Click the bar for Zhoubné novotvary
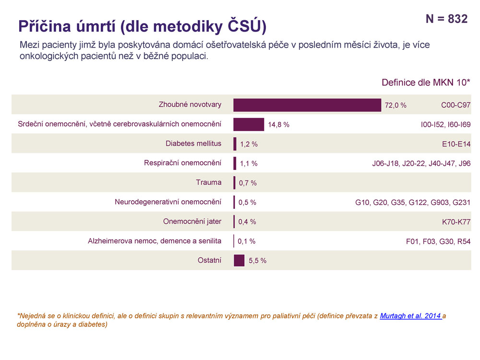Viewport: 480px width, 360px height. [x=307, y=105]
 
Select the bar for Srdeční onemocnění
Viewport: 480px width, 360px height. [x=249, y=124]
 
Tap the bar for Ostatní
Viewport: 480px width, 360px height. [x=239, y=260]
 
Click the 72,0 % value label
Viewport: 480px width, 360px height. [x=396, y=105]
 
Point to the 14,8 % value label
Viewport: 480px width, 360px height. [x=278, y=125]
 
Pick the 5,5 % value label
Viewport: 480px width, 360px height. [x=257, y=261]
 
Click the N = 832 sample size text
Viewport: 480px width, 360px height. [x=446, y=19]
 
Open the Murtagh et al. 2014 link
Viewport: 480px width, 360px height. [x=410, y=316]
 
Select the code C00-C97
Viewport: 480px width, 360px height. [x=456, y=105]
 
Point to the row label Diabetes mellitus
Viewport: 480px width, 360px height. [x=193, y=144]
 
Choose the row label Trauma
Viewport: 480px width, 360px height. [x=209, y=182]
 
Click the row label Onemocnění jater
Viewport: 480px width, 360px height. [x=192, y=222]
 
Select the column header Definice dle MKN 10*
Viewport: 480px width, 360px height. [x=426, y=83]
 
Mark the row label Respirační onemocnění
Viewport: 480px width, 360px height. [x=182, y=163]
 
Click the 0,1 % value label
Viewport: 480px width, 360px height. [x=246, y=241]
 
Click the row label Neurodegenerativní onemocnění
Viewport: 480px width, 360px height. [x=168, y=202]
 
